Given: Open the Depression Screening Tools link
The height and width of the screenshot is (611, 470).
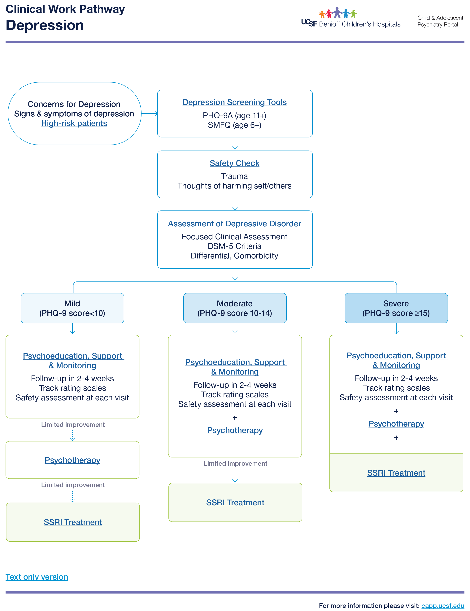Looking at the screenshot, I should pos(234,102).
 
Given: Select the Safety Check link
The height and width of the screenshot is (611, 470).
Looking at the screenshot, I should pos(234,163).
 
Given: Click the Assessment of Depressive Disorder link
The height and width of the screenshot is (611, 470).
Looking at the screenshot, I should pos(234,224).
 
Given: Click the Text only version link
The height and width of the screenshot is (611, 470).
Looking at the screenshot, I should pos(37,577).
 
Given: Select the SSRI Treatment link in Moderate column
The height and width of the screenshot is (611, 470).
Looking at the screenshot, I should pos(235,502).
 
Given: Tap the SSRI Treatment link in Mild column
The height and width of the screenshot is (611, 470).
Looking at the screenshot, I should pos(73,522).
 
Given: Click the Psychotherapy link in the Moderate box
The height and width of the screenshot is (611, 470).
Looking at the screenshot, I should pos(235,430).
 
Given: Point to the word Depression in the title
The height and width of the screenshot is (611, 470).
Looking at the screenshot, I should pos(45,25).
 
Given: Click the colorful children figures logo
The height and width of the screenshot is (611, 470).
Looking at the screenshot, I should pos(338,13).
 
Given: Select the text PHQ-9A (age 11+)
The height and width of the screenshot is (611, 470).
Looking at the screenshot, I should pos(234,115).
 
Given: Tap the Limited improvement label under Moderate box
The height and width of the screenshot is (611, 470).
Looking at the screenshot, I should pos(235,464).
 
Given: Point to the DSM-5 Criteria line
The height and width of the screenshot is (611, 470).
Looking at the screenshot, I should pos(234,246).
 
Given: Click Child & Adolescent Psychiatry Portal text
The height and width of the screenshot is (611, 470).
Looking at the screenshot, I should pos(440,21).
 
